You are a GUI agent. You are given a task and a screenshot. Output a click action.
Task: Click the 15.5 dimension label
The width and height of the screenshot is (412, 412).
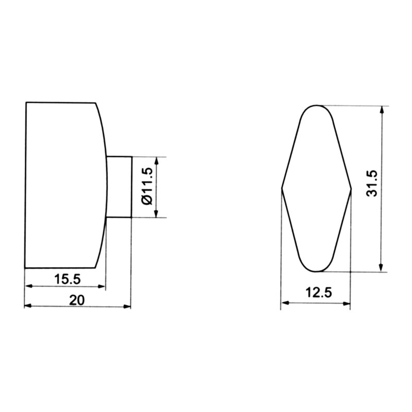67,279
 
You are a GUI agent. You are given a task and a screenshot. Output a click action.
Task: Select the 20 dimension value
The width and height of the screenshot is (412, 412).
77,300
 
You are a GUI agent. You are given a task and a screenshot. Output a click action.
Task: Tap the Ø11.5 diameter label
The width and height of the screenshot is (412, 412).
147,186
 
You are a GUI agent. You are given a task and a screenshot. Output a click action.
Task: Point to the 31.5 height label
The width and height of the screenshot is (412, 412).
372,184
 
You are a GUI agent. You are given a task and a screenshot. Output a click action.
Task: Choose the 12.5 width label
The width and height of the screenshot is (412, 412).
319,293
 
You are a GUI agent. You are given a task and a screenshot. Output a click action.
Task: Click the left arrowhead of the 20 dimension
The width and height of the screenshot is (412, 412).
28,306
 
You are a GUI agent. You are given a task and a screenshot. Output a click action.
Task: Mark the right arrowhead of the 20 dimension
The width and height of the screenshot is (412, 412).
127,306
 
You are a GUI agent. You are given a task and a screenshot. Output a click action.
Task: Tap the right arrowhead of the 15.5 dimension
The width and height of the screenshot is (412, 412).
101,286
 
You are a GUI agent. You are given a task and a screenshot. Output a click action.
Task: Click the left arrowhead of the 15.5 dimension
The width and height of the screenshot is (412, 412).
28,286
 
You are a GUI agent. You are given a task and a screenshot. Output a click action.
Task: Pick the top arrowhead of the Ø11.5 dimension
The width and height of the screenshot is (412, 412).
157,161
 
